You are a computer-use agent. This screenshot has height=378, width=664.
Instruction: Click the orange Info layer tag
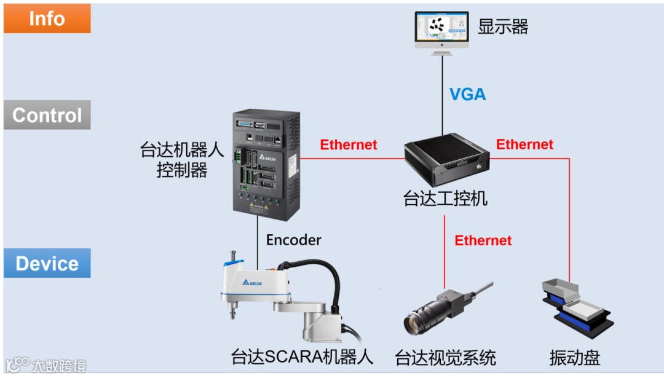(47, 18)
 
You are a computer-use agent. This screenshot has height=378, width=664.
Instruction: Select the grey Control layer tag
(47, 115)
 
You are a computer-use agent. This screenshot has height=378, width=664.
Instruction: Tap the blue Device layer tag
(47, 263)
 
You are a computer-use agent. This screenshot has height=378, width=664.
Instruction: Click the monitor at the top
(441, 31)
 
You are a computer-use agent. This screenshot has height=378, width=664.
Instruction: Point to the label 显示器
(503, 26)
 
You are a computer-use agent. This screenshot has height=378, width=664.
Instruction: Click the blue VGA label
(467, 94)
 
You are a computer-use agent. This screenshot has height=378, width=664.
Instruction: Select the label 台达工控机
(445, 199)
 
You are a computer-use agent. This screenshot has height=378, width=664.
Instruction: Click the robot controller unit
(266, 162)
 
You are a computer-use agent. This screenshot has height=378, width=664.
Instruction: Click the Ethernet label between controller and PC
(349, 145)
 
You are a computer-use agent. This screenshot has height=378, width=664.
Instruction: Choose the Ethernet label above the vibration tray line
(524, 144)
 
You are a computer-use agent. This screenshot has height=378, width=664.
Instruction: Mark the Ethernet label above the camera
(483, 240)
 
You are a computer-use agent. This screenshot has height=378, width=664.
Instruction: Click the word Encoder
(293, 240)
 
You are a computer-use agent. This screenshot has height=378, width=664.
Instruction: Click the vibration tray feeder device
(574, 307)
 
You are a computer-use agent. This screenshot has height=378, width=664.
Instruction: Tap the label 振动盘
(574, 357)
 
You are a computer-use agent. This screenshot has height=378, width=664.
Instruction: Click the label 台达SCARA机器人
(302, 357)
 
